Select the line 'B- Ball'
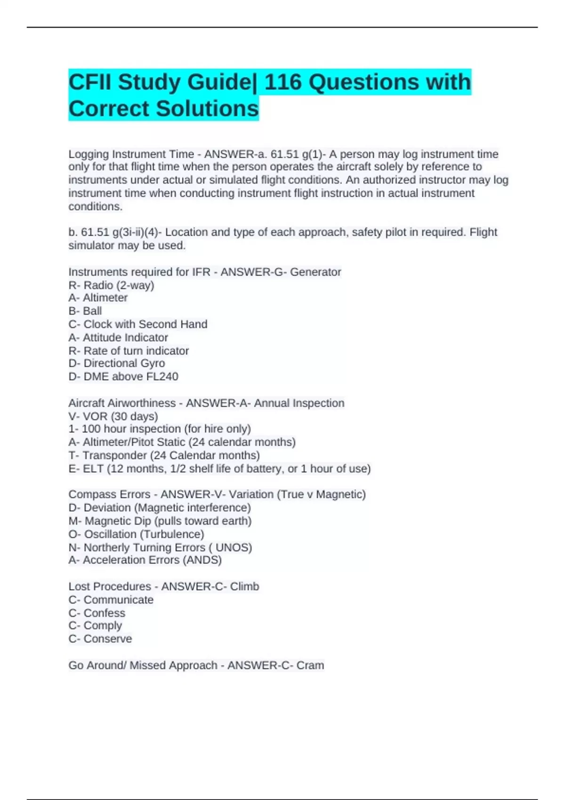click(x=85, y=311)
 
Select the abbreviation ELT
click(x=94, y=469)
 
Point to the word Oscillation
click(x=111, y=534)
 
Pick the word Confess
click(x=105, y=613)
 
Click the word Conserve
click(x=108, y=639)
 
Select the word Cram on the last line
click(x=310, y=665)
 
